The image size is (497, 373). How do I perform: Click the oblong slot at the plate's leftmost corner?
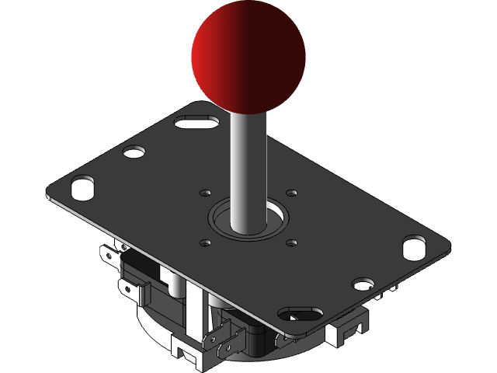82,186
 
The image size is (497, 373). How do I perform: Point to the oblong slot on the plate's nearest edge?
301,314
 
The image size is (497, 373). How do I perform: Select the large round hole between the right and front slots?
363,283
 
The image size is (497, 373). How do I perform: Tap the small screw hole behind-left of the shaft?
205,192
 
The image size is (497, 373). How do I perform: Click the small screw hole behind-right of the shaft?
291,192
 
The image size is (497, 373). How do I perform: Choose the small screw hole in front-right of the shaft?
291,242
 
